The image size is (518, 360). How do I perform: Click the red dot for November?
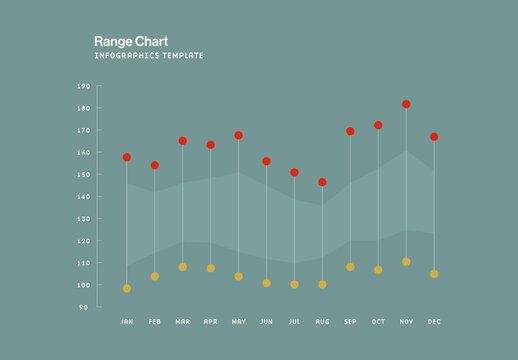(406, 104)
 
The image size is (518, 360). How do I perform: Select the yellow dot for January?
(127, 288)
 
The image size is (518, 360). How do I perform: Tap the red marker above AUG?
(322, 182)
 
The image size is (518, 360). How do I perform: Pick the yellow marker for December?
(434, 273)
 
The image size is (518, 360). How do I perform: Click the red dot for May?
(239, 135)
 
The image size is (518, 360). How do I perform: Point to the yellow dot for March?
(183, 267)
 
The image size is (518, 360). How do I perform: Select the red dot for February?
(155, 165)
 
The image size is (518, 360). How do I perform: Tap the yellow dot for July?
(294, 284)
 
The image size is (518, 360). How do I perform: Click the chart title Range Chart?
(123, 41)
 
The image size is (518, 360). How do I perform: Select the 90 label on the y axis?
(84, 307)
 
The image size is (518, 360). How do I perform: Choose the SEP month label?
(350, 322)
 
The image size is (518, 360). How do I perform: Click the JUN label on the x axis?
(266, 322)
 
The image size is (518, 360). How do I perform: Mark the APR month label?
(210, 322)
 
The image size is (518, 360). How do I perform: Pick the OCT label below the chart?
(378, 322)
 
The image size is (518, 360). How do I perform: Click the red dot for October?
(378, 125)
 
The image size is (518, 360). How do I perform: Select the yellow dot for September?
(350, 267)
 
